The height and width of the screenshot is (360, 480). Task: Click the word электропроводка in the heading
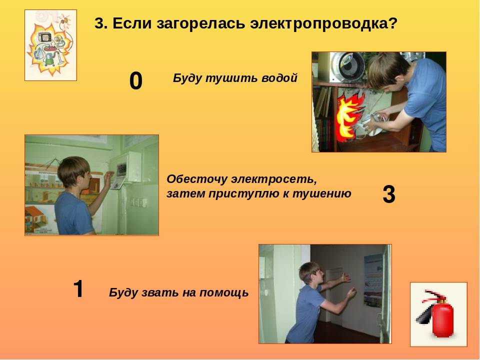click(x=323, y=23)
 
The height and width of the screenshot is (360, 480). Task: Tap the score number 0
click(x=136, y=81)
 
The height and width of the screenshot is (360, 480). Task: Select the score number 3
click(x=389, y=194)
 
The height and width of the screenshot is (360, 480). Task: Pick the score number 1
click(x=78, y=288)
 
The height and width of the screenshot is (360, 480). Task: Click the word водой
click(x=279, y=78)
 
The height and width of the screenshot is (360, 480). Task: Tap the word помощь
click(x=224, y=292)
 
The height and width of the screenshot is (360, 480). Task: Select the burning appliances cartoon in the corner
click(x=50, y=45)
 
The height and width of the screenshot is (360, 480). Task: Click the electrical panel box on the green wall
click(x=125, y=167)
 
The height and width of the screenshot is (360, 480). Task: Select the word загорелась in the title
click(x=201, y=23)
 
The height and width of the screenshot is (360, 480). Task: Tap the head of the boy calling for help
click(x=311, y=272)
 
